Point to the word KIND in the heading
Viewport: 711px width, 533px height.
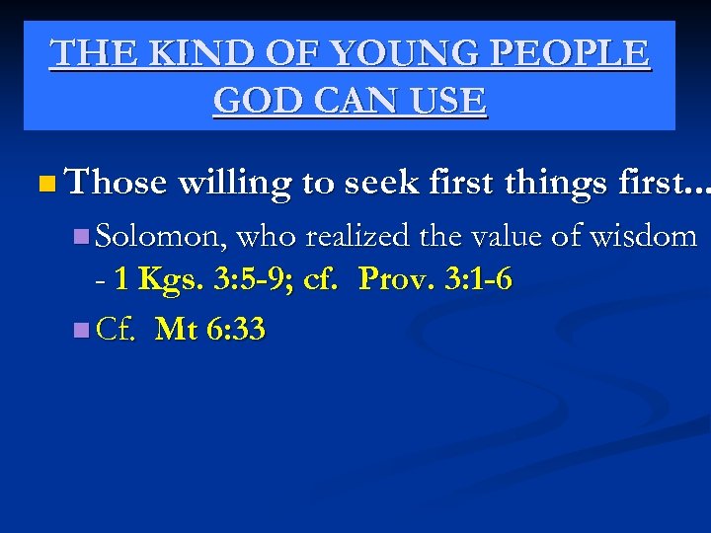coord(175,53)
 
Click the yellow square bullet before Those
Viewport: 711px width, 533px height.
coord(47,184)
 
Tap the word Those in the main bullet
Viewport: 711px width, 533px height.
coord(116,182)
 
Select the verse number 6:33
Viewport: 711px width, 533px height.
coord(235,328)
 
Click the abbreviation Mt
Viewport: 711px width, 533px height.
coord(176,328)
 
